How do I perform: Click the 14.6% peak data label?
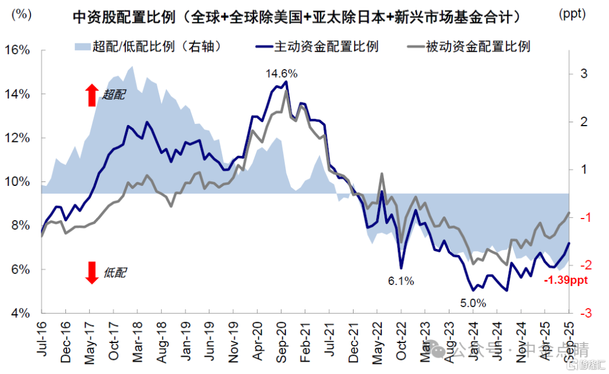[x=281, y=74]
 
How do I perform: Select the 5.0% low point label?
[x=473, y=303]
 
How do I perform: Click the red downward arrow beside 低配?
[x=92, y=273]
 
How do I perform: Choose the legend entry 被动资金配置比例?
[x=467, y=46]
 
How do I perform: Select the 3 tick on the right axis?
[x=584, y=74]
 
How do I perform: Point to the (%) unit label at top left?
[x=21, y=14]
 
